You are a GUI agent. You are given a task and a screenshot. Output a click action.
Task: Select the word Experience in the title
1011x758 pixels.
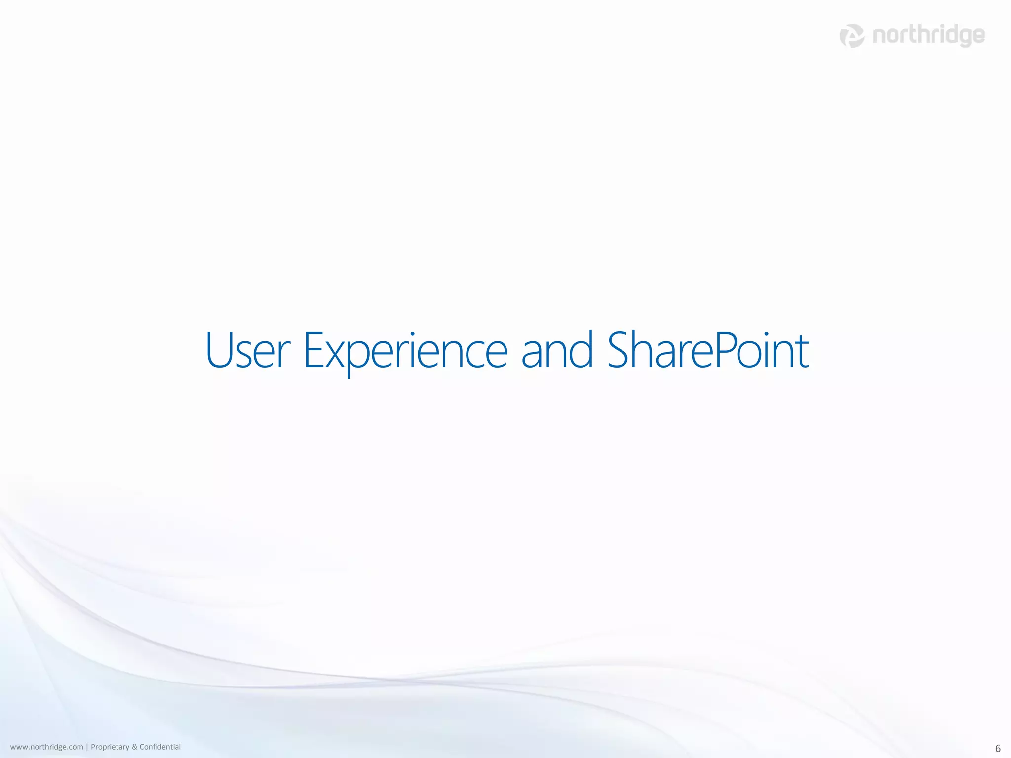pyautogui.click(x=405, y=351)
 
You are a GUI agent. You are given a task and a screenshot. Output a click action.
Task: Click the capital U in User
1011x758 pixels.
pyautogui.click(x=220, y=350)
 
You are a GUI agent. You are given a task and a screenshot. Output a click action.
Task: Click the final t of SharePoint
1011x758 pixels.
pyautogui.click(x=802, y=353)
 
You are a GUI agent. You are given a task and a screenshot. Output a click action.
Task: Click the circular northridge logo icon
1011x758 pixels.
pyautogui.click(x=852, y=36)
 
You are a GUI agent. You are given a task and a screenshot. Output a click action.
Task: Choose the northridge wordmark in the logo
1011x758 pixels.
pyautogui.click(x=929, y=36)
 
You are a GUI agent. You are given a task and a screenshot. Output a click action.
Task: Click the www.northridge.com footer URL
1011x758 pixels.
pyautogui.click(x=46, y=747)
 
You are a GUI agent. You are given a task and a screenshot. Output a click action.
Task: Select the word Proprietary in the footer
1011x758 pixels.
pyautogui.click(x=110, y=747)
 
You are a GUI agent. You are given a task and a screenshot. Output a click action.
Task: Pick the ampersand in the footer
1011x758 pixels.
pyautogui.click(x=134, y=747)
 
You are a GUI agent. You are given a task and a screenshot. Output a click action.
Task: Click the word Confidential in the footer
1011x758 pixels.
pyautogui.click(x=160, y=747)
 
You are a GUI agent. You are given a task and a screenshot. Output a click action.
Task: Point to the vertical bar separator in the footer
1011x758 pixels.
pyautogui.click(x=87, y=747)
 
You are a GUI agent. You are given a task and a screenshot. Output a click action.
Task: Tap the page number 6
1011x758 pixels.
pyautogui.click(x=998, y=748)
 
